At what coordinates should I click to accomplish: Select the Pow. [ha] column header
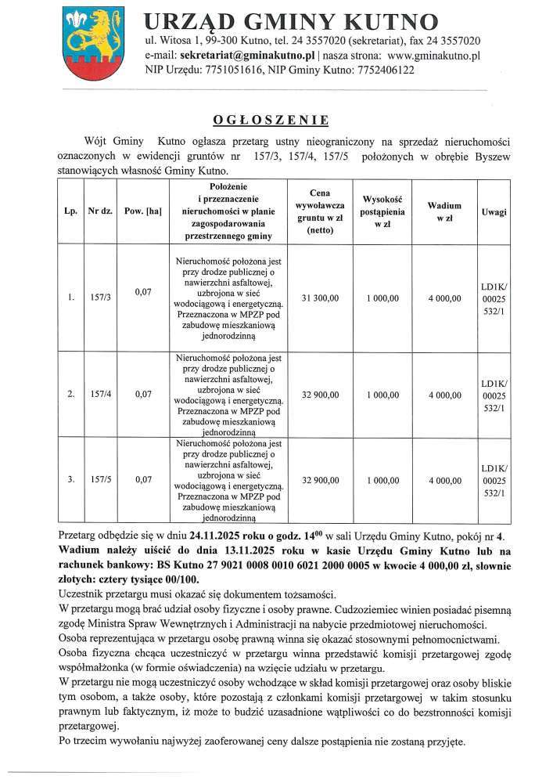pos(142,212)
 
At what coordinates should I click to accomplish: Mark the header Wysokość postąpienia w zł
pos(382,211)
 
